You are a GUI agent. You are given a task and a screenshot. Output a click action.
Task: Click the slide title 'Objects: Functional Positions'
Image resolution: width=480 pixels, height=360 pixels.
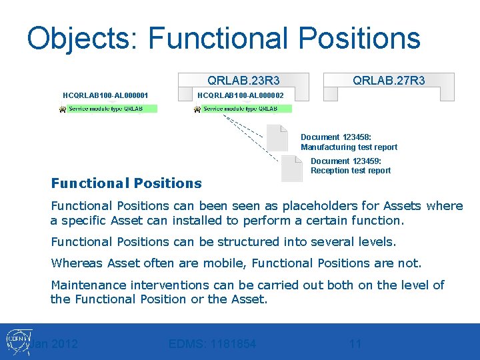point(223,38)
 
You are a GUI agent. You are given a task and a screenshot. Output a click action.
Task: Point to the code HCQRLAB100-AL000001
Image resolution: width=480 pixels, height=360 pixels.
point(105,96)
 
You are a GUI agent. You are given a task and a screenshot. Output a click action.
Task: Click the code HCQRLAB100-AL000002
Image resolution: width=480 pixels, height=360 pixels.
point(241,96)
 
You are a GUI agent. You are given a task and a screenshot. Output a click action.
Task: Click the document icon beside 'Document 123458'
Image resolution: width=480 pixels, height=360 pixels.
point(277,137)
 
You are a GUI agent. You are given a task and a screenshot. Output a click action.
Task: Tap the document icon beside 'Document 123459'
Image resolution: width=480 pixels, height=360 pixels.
point(291,168)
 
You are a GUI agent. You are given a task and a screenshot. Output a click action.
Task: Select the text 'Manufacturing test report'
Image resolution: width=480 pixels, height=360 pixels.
point(349,147)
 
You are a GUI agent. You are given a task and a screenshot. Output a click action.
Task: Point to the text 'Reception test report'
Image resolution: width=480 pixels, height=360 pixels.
point(351,171)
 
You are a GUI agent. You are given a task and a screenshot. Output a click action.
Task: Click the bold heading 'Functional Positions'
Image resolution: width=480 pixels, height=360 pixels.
point(126,183)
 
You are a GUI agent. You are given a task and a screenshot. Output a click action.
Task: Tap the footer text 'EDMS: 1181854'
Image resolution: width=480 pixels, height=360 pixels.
point(212,344)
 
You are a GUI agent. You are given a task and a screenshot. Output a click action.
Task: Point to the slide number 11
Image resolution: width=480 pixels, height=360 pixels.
point(355,344)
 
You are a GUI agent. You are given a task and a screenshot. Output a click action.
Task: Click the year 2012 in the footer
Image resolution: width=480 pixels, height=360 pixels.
point(65,344)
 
